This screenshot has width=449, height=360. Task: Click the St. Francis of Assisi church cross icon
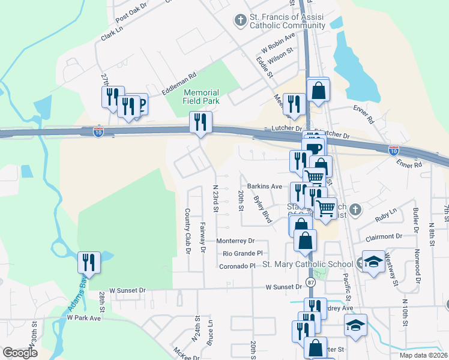pyautogui.click(x=240, y=21)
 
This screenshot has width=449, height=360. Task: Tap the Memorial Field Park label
pyautogui.click(x=201, y=97)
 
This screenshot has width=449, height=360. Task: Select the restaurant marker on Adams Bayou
pyautogui.click(x=88, y=262)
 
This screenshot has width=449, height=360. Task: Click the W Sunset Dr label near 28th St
pyautogui.click(x=125, y=290)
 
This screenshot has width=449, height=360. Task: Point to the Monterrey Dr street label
pyautogui.click(x=235, y=241)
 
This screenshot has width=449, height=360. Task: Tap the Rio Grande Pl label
pyautogui.click(x=243, y=253)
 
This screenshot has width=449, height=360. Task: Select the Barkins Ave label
pyautogui.click(x=261, y=187)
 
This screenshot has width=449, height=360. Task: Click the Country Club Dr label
pyautogui.click(x=187, y=231)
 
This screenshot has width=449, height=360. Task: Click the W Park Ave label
pyautogui.click(x=83, y=317)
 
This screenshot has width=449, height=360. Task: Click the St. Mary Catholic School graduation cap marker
pyautogui.click(x=373, y=262)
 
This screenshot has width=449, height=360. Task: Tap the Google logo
pyautogui.click(x=20, y=353)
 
